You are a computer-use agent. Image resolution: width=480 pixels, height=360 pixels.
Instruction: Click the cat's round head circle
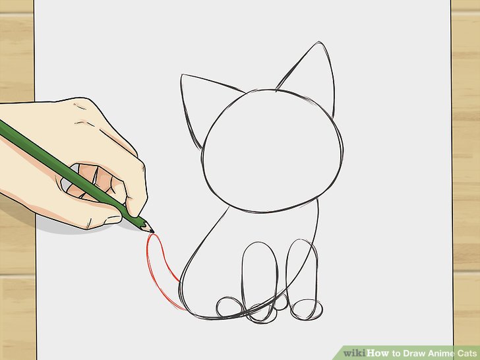coord(273,150)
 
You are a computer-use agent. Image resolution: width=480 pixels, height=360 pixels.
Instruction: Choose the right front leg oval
coord(301,270)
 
